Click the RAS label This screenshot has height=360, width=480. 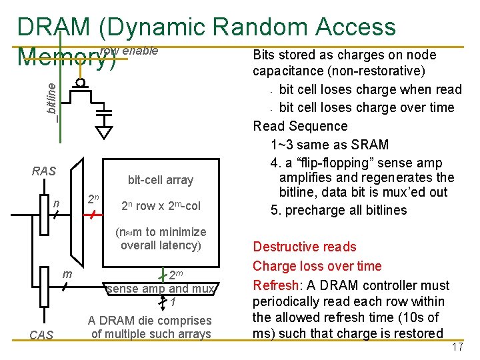pos(44,171)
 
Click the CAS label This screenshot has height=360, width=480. pos(41,335)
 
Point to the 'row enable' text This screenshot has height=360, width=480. pos(129,51)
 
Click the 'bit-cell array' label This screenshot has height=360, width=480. pos(160,179)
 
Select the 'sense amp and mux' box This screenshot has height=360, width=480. pos(160,289)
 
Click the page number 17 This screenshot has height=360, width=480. pos(457,347)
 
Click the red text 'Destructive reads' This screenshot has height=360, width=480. pos(304,247)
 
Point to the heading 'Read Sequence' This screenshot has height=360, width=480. pos(299,126)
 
